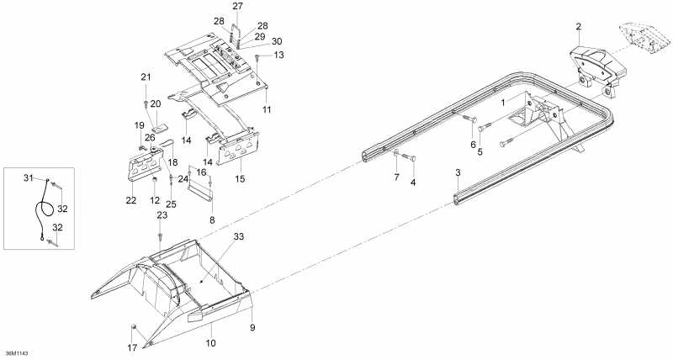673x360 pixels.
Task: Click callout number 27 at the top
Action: (237, 6)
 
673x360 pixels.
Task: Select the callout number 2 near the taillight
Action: (579, 27)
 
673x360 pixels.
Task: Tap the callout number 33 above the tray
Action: (238, 238)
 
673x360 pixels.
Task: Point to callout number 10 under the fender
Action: (211, 344)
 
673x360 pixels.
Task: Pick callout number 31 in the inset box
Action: (27, 177)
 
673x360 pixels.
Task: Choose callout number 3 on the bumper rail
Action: (458, 172)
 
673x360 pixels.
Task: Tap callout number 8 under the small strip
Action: (211, 220)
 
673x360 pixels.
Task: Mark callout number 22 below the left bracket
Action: (130, 200)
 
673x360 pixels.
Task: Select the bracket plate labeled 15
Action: (239, 151)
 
